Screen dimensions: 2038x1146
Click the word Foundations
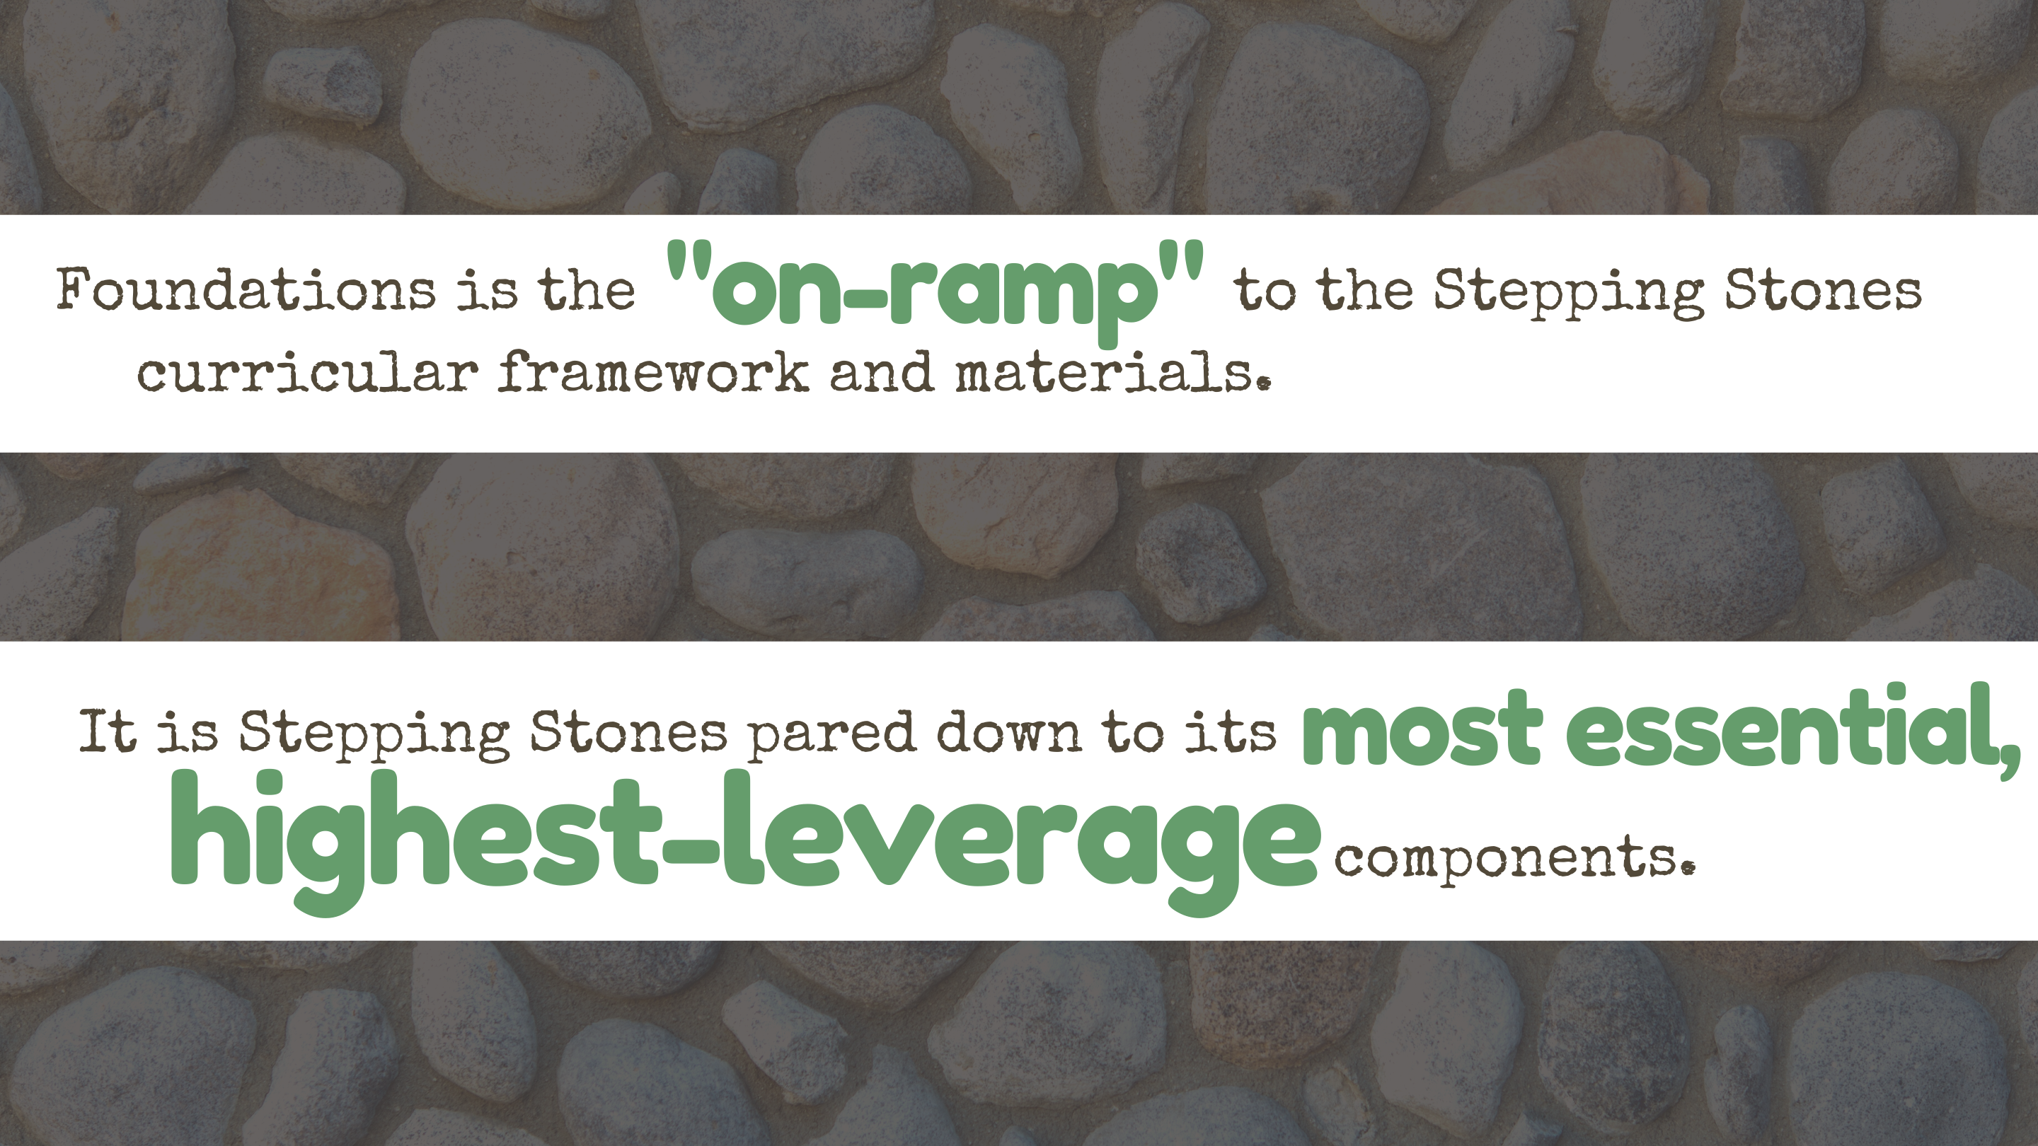pos(246,289)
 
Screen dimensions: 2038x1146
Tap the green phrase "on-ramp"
pos(935,293)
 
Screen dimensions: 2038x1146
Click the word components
pos(1514,859)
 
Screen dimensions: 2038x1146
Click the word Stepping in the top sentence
pos(1569,293)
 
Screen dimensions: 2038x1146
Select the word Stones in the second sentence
pos(628,731)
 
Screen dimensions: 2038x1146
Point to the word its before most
pos(1231,731)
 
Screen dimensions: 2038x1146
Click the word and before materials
pos(881,371)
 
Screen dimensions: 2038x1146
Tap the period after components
pos(1688,867)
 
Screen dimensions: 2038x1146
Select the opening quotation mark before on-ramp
pos(689,263)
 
